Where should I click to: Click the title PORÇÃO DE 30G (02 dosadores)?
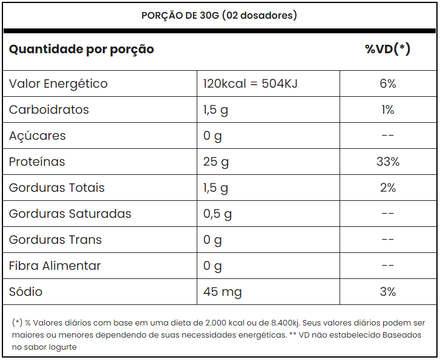pyautogui.click(x=219, y=15)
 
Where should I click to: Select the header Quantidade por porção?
pyautogui.click(x=81, y=49)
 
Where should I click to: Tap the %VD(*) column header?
pyautogui.click(x=387, y=49)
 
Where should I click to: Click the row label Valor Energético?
pyautogui.click(x=58, y=83)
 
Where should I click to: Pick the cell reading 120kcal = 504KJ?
pyautogui.click(x=250, y=83)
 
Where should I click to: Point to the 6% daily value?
pyautogui.click(x=387, y=83)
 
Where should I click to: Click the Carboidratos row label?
pyautogui.click(x=49, y=110)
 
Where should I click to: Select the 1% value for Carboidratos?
pyautogui.click(x=387, y=110)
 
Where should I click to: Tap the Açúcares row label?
pyautogui.click(x=38, y=136)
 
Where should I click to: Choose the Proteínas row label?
pyautogui.click(x=37, y=162)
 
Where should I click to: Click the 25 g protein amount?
pyautogui.click(x=216, y=162)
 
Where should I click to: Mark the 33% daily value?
pyautogui.click(x=387, y=162)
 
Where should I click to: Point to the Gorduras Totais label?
pyautogui.click(x=57, y=188)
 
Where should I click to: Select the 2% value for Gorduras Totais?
pyautogui.click(x=387, y=188)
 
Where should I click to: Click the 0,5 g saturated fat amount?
pyautogui.click(x=218, y=214)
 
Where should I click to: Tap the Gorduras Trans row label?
pyautogui.click(x=55, y=240)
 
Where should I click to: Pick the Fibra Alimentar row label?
pyautogui.click(x=55, y=266)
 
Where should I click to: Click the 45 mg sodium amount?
pyautogui.click(x=222, y=292)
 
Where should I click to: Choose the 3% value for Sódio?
pyautogui.click(x=387, y=292)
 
